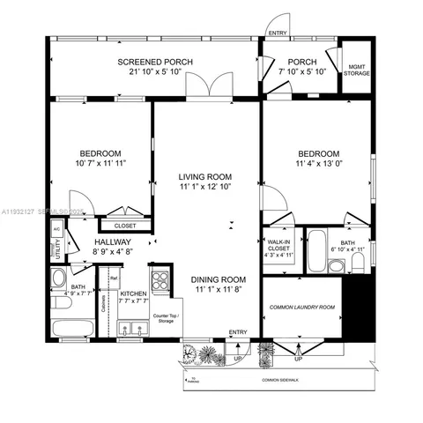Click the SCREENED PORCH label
tap(155, 61)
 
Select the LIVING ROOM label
tap(204, 175)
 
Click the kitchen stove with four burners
tap(161, 281)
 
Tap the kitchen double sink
tap(132, 329)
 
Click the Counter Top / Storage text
tap(165, 318)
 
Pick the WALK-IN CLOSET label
tap(278, 248)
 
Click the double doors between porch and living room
tap(213, 89)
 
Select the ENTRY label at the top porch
tap(278, 33)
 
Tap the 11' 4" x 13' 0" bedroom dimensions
tap(318, 161)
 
